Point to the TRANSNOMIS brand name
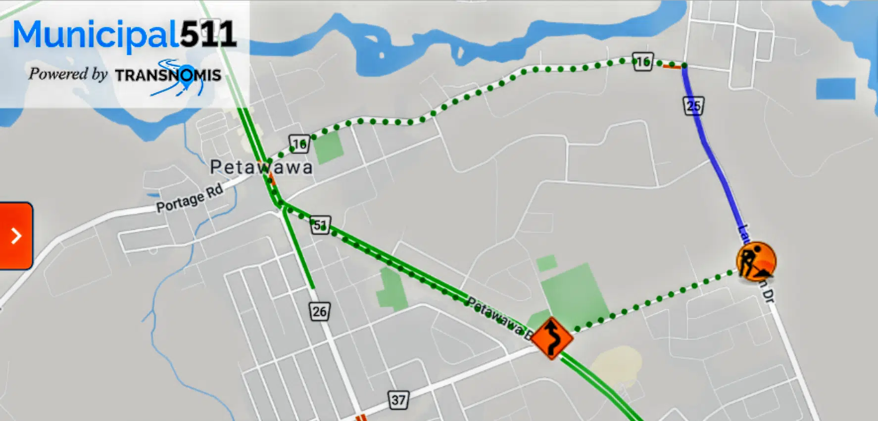pyautogui.click(x=168, y=75)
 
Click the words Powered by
pyautogui.click(x=68, y=74)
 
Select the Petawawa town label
pyautogui.click(x=261, y=167)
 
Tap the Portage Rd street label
pyautogui.click(x=190, y=198)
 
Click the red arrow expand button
pyautogui.click(x=16, y=236)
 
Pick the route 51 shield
pyautogui.click(x=320, y=226)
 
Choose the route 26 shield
pyautogui.click(x=319, y=312)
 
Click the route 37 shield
pyautogui.click(x=398, y=400)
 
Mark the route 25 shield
pyautogui.click(x=693, y=106)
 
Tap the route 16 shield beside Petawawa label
pyautogui.click(x=299, y=144)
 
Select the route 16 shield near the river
pyautogui.click(x=642, y=62)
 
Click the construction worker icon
pyautogui.click(x=756, y=261)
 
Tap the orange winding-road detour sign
pyautogui.click(x=552, y=339)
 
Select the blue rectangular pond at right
pyautogui.click(x=835, y=89)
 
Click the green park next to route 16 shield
pyautogui.click(x=329, y=147)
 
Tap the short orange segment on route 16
pyautogui.click(x=673, y=65)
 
